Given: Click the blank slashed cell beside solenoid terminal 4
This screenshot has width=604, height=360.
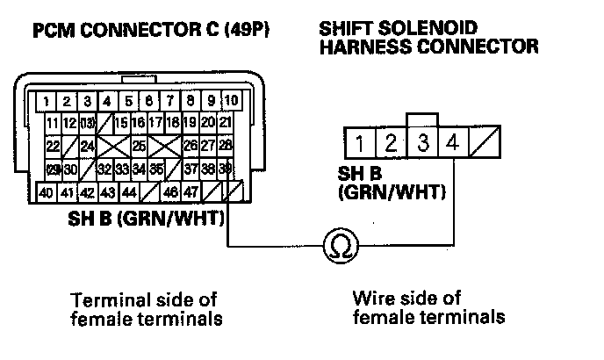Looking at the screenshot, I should [x=484, y=140].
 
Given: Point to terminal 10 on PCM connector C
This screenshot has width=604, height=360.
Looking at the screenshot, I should [x=231, y=99].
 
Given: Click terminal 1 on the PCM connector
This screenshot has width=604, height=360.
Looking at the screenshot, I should [x=44, y=99].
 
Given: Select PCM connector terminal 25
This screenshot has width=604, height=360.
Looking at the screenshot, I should [x=139, y=145].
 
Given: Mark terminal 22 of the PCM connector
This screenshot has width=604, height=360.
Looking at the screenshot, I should [x=53, y=145].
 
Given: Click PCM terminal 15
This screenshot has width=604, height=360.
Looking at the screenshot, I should [x=121, y=121].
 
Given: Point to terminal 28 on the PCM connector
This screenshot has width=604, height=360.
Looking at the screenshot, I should [x=225, y=145].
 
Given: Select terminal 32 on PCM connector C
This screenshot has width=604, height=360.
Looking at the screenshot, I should [x=104, y=169].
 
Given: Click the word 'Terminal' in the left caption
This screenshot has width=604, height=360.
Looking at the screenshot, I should [x=108, y=299].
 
